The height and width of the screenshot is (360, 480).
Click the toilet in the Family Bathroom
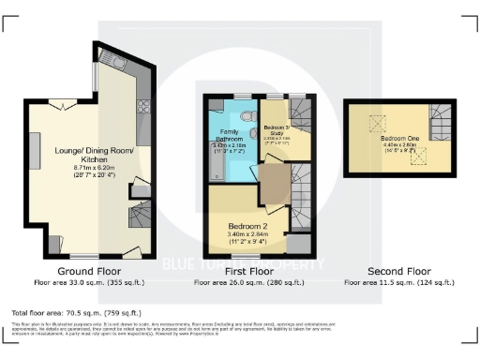245,116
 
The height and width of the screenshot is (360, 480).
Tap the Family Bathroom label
230,137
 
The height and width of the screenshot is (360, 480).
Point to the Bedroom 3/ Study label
276,128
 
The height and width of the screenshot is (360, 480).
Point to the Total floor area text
75,312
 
